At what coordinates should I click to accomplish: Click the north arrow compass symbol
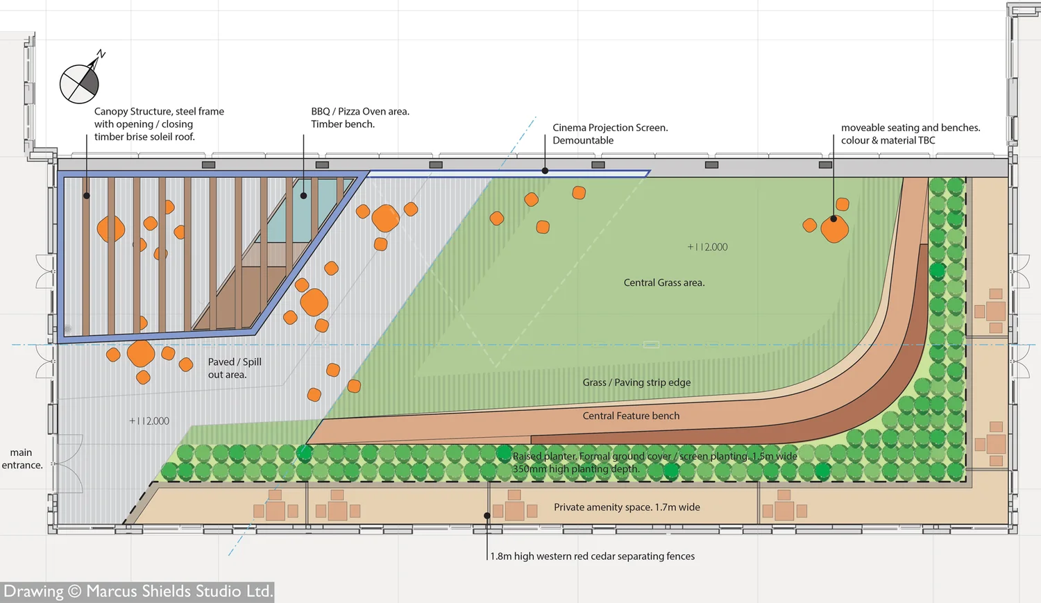(x=80, y=83)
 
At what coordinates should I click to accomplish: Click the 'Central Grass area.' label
(x=663, y=282)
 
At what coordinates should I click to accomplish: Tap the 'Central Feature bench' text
(x=631, y=416)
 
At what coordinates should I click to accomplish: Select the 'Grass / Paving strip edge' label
(x=636, y=382)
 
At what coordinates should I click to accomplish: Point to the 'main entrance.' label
(x=22, y=459)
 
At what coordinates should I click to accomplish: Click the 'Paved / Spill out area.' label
(x=234, y=368)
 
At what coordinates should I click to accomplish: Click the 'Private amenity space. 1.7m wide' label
(x=627, y=507)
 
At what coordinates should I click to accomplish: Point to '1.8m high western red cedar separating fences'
(x=592, y=556)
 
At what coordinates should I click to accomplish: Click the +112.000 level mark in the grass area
(x=707, y=247)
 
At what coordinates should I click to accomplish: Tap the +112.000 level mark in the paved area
(x=149, y=421)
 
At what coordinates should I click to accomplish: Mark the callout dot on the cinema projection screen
(x=545, y=171)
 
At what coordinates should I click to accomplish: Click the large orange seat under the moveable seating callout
(x=834, y=228)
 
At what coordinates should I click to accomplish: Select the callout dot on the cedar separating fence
(x=487, y=516)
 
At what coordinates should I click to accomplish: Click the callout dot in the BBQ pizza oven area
(x=303, y=196)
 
